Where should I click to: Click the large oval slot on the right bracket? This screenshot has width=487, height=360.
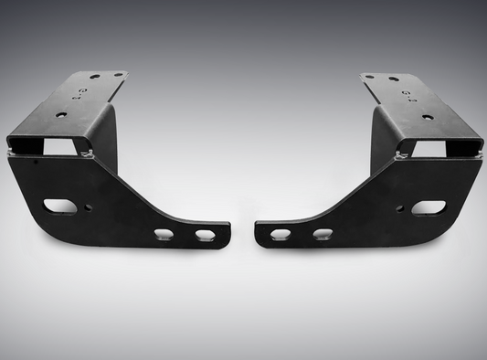click(427, 207)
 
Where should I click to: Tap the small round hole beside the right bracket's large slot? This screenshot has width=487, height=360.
click(400, 208)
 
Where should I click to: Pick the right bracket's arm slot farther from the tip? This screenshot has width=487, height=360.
click(322, 235)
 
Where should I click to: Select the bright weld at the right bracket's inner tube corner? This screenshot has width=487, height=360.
click(398, 158)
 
